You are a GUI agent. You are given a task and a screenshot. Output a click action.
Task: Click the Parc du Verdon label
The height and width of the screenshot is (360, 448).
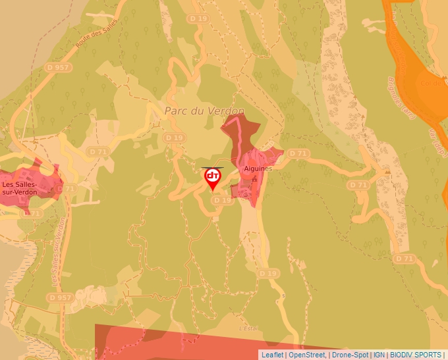pyautogui.click(x=204, y=111)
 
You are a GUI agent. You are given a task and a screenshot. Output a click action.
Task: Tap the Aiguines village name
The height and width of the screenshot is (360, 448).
pyautogui.click(x=258, y=168)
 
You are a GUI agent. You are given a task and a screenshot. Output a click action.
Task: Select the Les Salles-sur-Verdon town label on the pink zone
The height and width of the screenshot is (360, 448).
pyautogui.click(x=20, y=188)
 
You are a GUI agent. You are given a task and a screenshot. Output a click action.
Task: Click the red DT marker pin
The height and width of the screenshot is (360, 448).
pyautogui.click(x=213, y=178)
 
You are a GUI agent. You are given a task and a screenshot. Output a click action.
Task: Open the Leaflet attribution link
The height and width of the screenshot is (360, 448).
pyautogui.click(x=272, y=355)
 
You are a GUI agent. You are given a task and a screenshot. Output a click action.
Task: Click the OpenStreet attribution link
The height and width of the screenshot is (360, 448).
pyautogui.click(x=307, y=355)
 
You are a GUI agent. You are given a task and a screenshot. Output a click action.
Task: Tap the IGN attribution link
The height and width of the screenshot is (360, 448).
pyautogui.click(x=379, y=355)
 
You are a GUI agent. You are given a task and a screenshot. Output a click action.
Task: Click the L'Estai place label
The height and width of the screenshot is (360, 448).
pyautogui.click(x=248, y=328)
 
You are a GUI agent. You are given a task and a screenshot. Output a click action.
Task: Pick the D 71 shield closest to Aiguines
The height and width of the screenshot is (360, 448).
pyautogui.click(x=299, y=153)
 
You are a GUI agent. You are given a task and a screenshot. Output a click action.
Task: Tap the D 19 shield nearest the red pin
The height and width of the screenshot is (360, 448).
pyautogui.click(x=223, y=200)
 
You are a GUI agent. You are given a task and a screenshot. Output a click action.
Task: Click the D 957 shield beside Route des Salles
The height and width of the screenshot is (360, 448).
pyautogui.click(x=58, y=67)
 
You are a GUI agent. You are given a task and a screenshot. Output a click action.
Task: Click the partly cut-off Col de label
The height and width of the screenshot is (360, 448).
pyautogui.click(x=434, y=84)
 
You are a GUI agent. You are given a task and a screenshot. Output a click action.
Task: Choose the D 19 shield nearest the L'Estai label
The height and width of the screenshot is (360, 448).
pyautogui.click(x=267, y=272)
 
